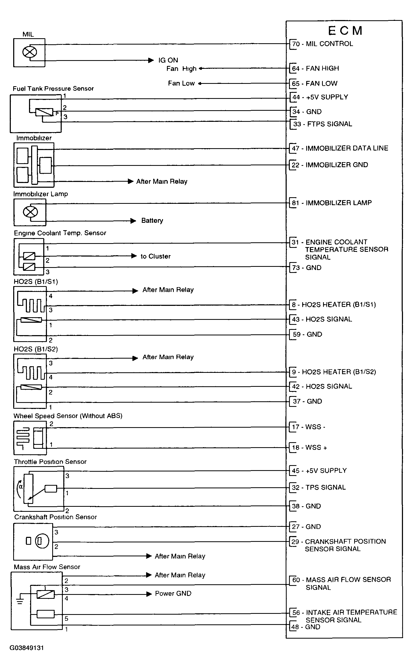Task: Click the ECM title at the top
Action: (345, 31)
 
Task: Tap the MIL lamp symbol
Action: (29, 52)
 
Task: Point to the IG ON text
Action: (168, 60)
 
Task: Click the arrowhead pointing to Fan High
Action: (201, 69)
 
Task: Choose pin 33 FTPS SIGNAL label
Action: (323, 124)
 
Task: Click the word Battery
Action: (152, 221)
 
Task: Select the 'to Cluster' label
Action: (155, 256)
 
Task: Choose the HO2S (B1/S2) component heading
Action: (36, 349)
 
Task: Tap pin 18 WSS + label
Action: (309, 448)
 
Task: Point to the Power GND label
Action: (173, 594)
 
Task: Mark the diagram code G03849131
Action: (27, 648)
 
